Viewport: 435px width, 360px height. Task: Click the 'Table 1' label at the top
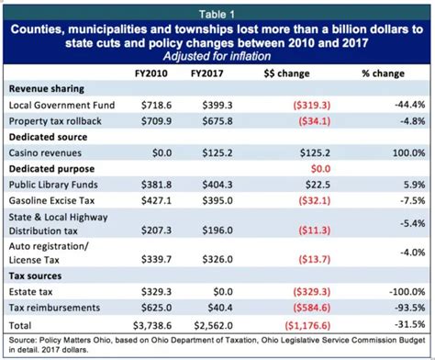pos(217,11)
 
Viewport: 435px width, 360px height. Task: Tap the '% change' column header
pos(378,71)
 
